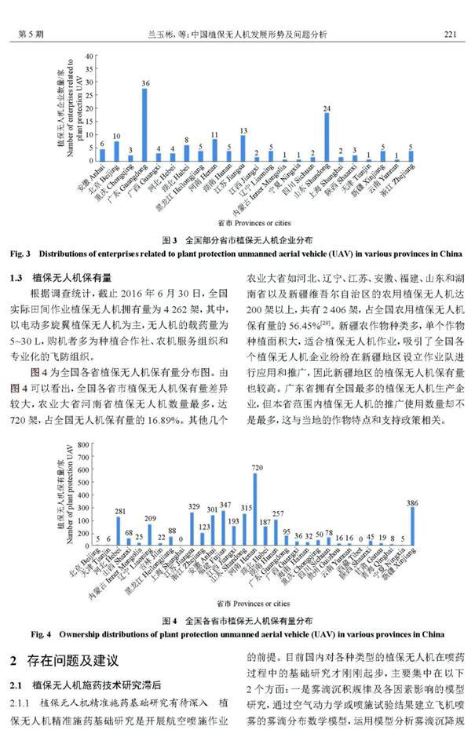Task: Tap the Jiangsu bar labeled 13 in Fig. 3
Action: point(243,148)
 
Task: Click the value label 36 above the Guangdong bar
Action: point(145,83)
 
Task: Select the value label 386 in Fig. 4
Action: point(413,502)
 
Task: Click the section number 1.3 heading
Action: point(21,277)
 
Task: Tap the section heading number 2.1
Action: point(18,684)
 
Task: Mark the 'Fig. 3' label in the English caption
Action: point(21,254)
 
